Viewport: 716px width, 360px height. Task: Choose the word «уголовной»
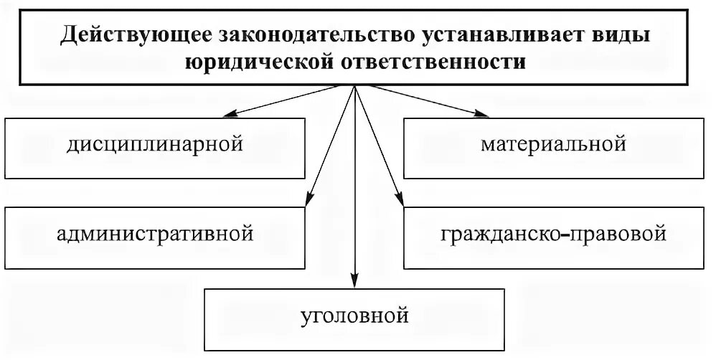356,316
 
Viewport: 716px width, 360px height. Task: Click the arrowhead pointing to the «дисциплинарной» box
228,114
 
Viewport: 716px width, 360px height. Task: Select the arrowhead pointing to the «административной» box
309,202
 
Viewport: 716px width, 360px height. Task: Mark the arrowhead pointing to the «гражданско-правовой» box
400,202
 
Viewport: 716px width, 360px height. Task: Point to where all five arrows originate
355,85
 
